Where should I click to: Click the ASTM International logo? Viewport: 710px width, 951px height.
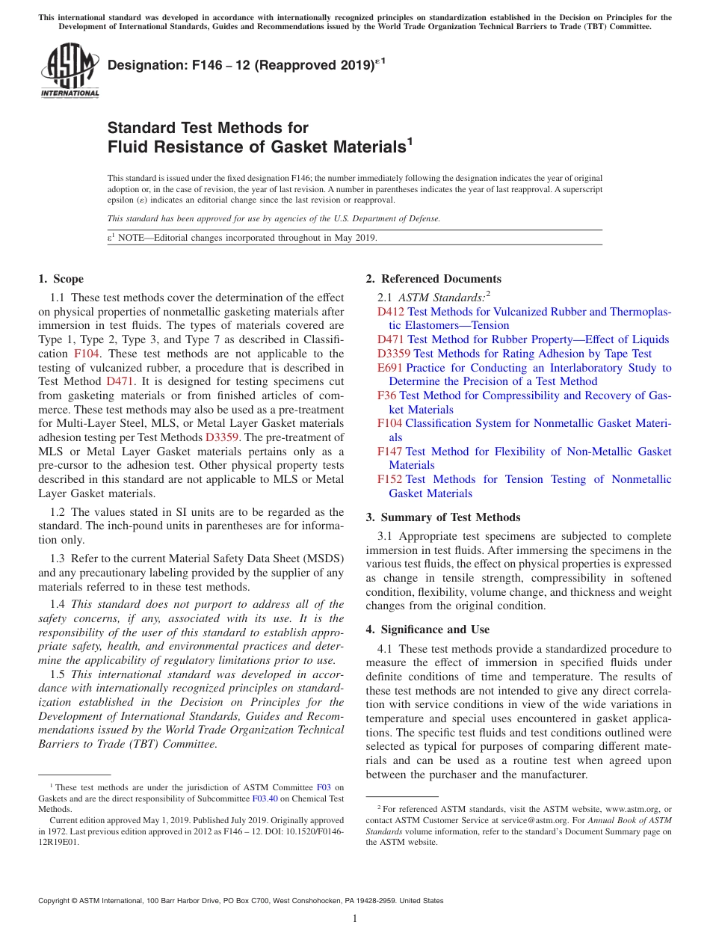69,71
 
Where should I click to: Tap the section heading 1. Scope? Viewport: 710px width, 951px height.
61,279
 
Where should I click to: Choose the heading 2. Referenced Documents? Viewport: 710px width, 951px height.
433,279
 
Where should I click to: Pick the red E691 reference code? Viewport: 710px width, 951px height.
390,368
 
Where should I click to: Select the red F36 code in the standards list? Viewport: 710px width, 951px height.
387,396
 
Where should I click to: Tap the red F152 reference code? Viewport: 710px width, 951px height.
390,479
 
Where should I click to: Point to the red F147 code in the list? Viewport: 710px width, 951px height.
390,452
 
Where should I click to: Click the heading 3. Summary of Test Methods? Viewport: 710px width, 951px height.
443,517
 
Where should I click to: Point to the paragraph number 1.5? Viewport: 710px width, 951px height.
58,674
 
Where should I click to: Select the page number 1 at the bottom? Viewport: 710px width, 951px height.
355,919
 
